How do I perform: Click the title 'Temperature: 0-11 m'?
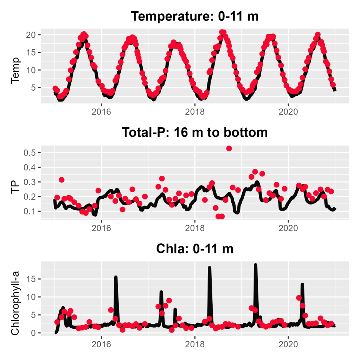[x=194, y=17]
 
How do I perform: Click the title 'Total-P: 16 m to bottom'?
[x=194, y=133]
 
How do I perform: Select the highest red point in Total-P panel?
[x=229, y=148]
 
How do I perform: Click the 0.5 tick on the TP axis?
[x=32, y=153]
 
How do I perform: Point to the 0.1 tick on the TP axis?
[x=32, y=211]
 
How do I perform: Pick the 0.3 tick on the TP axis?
[x=32, y=182]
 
